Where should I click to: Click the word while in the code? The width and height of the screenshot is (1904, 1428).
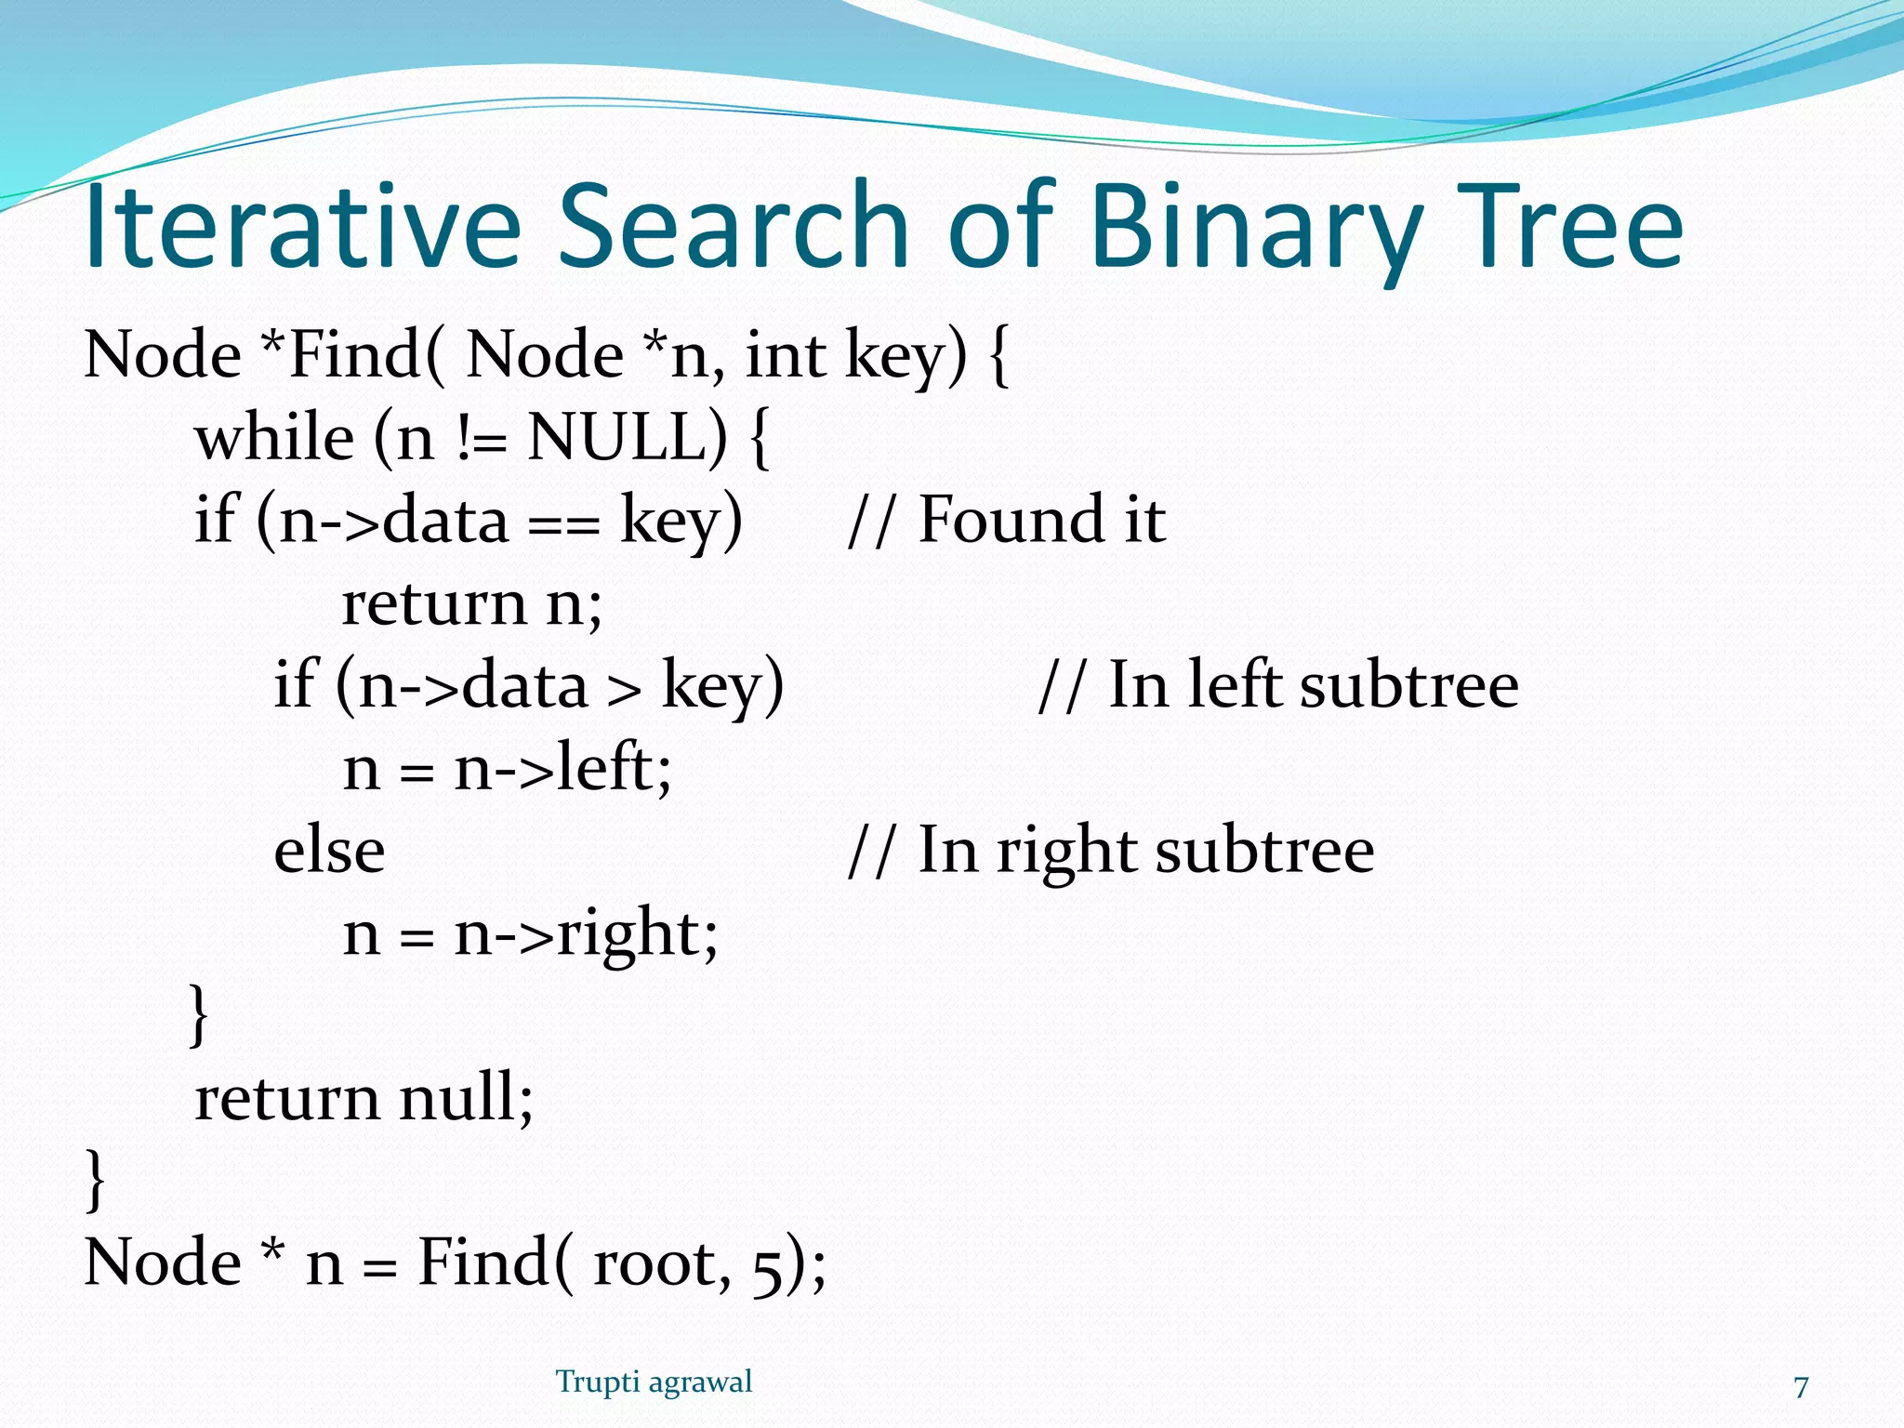click(274, 437)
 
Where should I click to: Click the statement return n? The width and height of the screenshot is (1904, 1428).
click(472, 603)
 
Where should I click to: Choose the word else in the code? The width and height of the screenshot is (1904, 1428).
click(329, 850)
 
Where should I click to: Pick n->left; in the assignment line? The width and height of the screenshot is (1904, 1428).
click(562, 769)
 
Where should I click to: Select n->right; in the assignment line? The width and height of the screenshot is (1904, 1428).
click(586, 934)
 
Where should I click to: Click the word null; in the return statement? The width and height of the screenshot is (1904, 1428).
click(466, 1097)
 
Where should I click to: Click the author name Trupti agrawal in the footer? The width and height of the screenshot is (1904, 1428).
click(654, 1382)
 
